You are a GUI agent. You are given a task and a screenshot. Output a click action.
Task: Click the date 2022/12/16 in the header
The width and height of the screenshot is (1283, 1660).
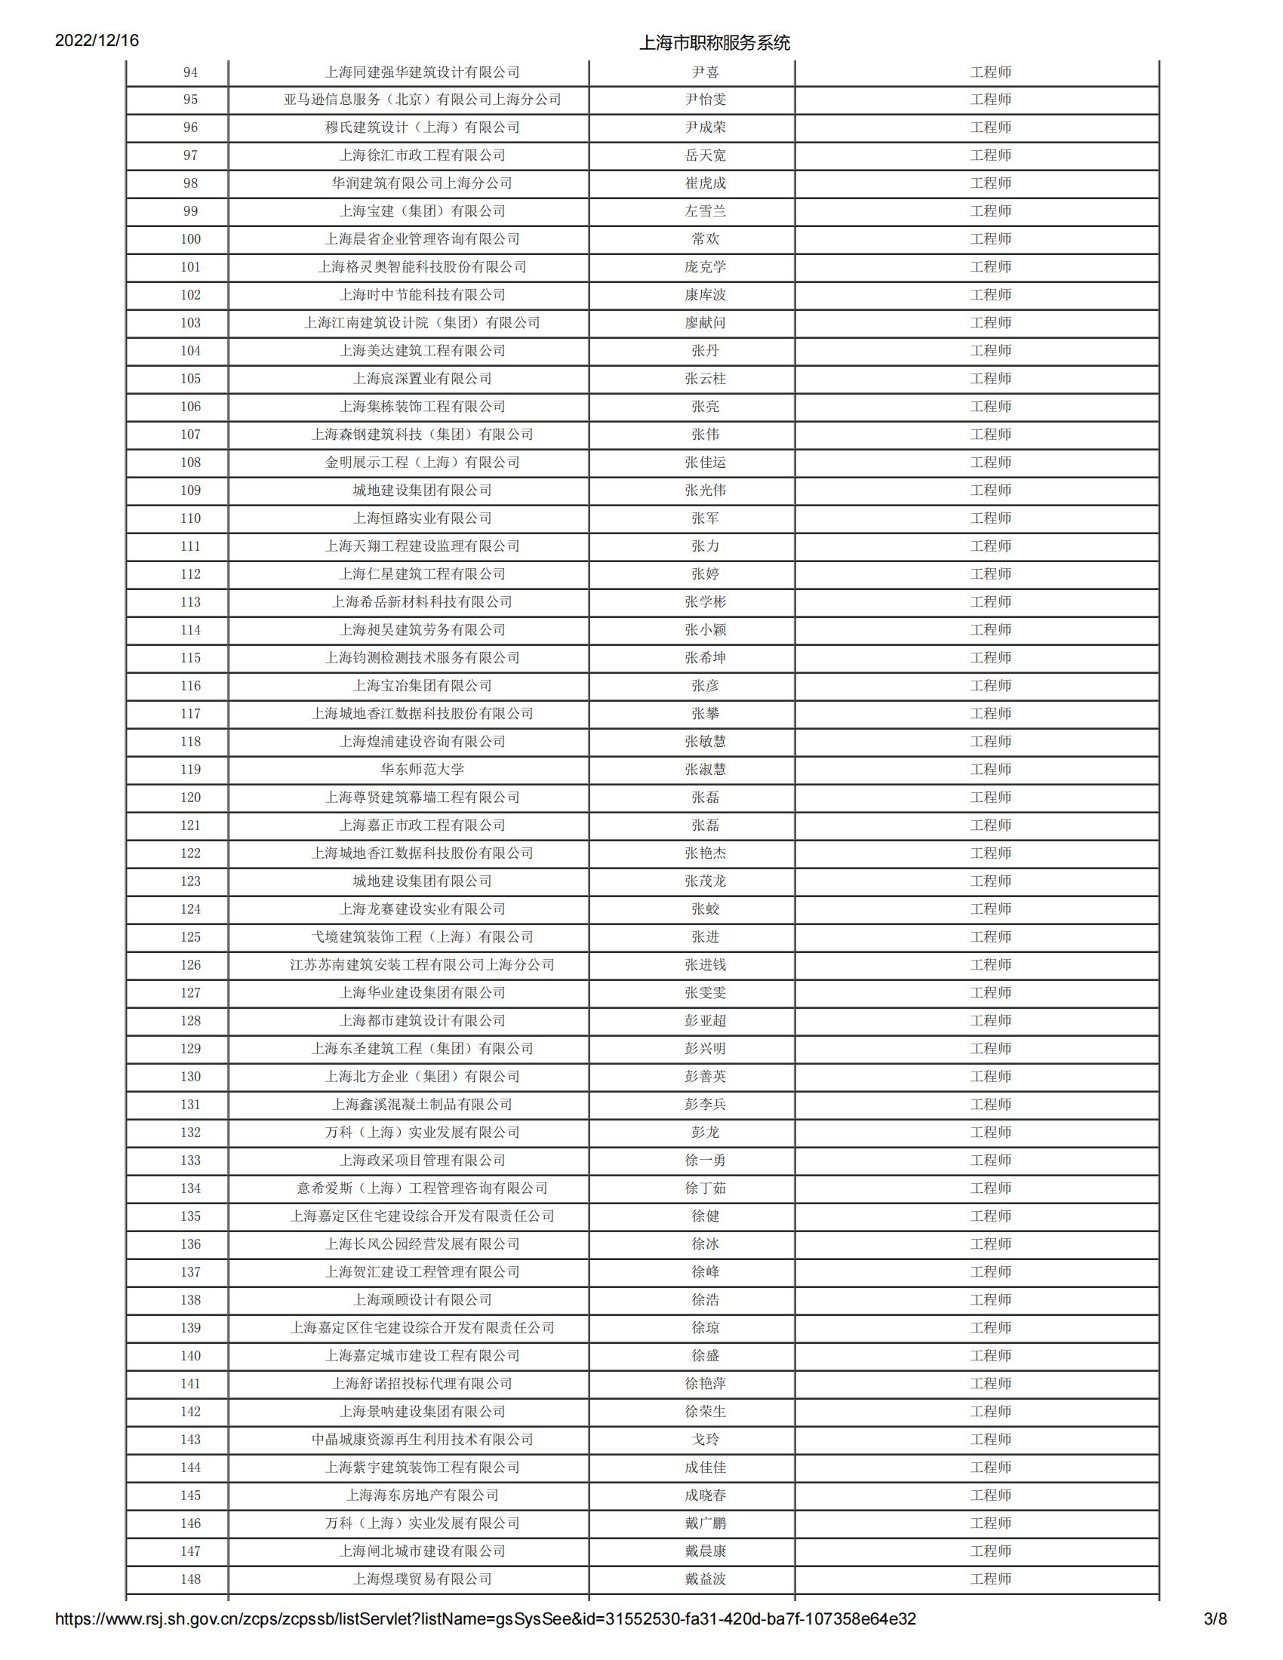[97, 40]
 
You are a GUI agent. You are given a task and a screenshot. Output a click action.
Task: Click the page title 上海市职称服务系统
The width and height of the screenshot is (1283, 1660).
[714, 42]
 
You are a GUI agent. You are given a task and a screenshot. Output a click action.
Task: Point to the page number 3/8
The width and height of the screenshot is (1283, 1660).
[1214, 1640]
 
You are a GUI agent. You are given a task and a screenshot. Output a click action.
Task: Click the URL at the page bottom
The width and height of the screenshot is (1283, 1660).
[485, 1640]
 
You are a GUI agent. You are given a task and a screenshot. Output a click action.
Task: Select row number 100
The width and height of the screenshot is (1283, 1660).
[190, 239]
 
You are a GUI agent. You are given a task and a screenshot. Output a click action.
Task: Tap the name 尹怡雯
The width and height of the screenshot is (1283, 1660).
[705, 100]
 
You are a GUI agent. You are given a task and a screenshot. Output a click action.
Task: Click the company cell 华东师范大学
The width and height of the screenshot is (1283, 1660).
[422, 769]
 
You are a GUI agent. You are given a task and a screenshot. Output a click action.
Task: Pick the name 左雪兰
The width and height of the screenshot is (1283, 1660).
[705, 211]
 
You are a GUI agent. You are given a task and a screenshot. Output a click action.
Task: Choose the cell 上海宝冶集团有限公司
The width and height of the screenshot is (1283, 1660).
[422, 686]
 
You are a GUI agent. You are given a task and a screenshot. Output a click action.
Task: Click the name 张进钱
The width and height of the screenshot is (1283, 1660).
[705, 964]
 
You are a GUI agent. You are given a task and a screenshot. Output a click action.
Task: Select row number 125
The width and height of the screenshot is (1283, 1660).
[190, 937]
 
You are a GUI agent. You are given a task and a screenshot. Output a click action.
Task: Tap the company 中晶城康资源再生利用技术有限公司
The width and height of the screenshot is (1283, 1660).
[422, 1440]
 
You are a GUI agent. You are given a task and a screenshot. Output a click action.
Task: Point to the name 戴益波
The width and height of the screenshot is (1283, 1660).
[705, 1579]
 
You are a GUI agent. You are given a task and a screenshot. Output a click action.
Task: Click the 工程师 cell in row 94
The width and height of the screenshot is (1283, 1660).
[990, 72]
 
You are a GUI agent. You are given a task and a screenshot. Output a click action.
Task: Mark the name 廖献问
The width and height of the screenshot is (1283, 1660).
[705, 323]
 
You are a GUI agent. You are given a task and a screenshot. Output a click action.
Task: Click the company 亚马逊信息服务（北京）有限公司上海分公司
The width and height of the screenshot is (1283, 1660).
[422, 100]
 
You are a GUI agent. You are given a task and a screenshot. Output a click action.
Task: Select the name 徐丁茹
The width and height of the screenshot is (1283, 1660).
[705, 1188]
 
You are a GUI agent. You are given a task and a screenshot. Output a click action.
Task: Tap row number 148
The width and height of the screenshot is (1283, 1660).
[190, 1579]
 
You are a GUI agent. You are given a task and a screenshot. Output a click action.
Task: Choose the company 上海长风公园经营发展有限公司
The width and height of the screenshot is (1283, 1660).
[422, 1244]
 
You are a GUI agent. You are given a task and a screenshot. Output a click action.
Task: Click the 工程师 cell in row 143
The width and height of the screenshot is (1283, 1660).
[990, 1440]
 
